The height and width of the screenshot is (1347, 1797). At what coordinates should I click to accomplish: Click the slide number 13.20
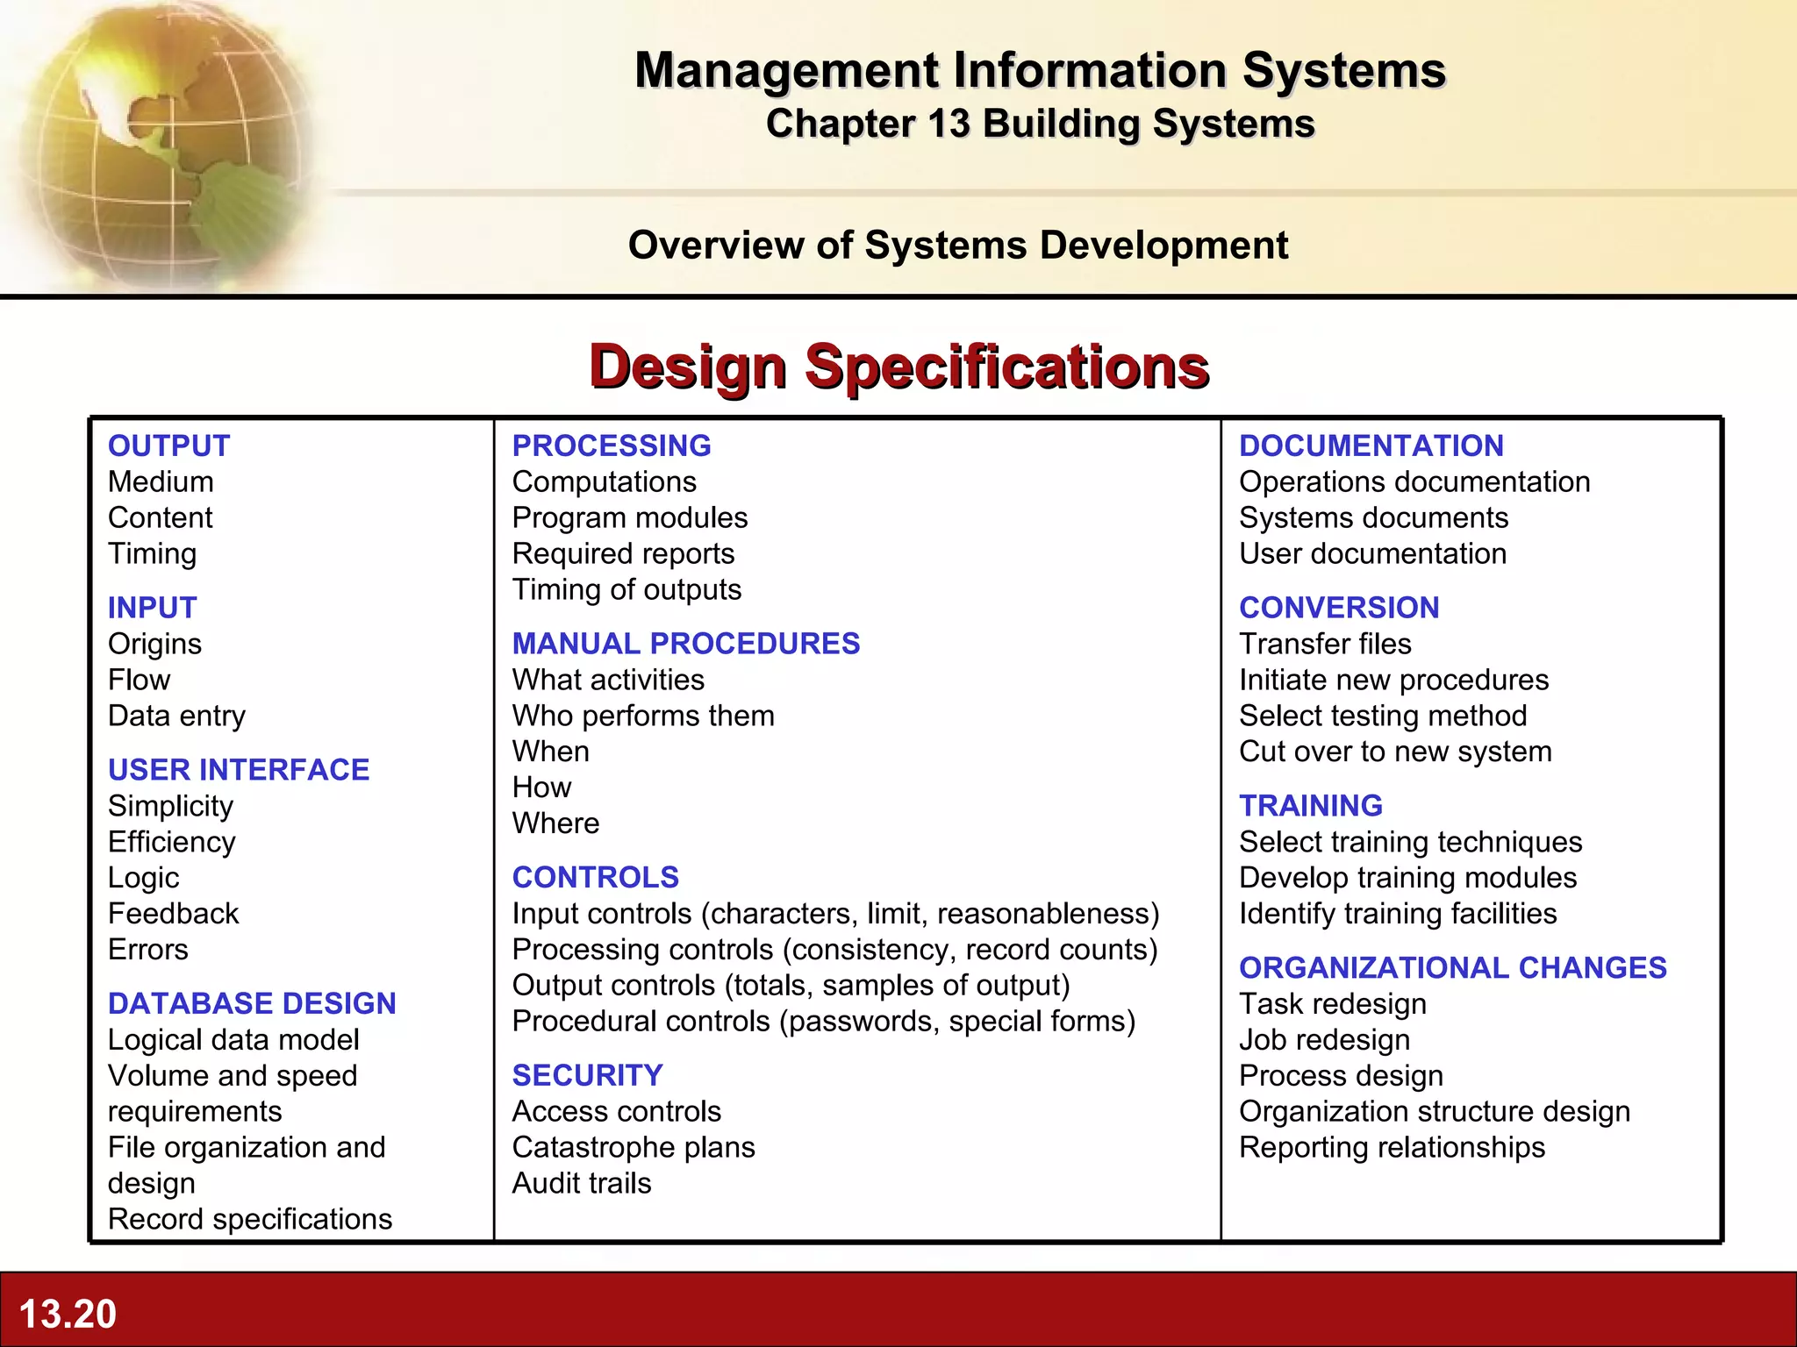(68, 1314)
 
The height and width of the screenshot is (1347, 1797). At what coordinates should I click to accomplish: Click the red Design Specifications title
(899, 367)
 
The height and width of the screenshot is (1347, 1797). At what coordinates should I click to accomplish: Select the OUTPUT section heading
(168, 445)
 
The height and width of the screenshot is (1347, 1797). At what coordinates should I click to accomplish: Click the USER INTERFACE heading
(239, 769)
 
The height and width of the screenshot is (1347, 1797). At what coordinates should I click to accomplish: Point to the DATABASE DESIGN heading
(252, 1003)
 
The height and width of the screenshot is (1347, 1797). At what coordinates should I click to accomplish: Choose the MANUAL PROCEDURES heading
(685, 644)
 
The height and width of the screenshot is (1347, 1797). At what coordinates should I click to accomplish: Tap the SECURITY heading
(587, 1075)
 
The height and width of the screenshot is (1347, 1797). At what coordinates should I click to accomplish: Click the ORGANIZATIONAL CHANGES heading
(1452, 967)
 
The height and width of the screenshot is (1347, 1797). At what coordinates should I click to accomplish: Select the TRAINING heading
(1311, 805)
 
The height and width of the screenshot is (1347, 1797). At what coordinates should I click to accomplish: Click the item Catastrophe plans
(633, 1147)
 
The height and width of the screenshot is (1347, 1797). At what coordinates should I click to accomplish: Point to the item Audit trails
(582, 1183)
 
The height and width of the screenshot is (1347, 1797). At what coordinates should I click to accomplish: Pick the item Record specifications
(250, 1219)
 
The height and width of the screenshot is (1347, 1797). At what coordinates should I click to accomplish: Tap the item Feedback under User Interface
(173, 914)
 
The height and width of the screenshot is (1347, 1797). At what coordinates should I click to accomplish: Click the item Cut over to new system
(1395, 752)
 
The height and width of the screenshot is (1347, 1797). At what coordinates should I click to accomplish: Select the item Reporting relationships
(1392, 1147)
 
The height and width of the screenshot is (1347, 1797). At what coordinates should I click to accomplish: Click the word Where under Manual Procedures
(555, 823)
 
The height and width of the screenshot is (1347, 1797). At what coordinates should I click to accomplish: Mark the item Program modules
(629, 517)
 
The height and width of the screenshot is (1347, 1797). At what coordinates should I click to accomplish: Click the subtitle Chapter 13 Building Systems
(1040, 124)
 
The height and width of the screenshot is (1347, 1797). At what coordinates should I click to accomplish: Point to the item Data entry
(176, 716)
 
